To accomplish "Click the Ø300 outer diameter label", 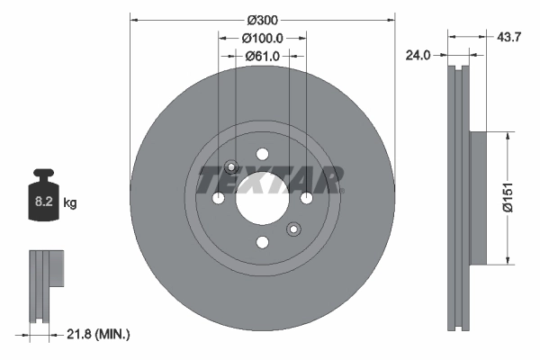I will [x=263, y=20].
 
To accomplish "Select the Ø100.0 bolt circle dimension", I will [x=263, y=38].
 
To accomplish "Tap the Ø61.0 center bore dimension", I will [x=263, y=56].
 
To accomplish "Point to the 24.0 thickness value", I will [x=418, y=55].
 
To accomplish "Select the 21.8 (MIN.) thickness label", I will [x=99, y=335].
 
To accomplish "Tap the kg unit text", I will [x=70, y=204].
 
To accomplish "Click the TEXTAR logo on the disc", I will [x=270, y=180].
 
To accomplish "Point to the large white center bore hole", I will [x=262, y=198].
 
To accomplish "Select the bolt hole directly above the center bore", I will [x=262, y=154].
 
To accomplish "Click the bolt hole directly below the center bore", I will [x=262, y=242].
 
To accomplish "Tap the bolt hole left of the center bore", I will [x=218, y=198].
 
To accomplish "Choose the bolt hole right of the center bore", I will [x=306, y=198].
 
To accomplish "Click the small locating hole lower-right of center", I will [x=292, y=229].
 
